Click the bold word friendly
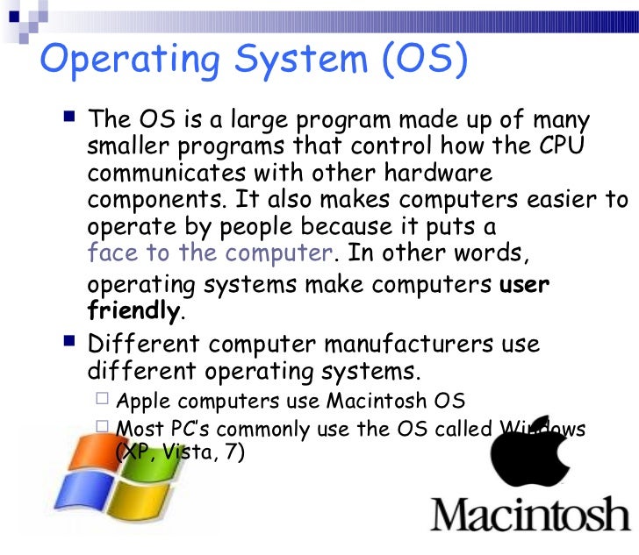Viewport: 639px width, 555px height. [133, 311]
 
